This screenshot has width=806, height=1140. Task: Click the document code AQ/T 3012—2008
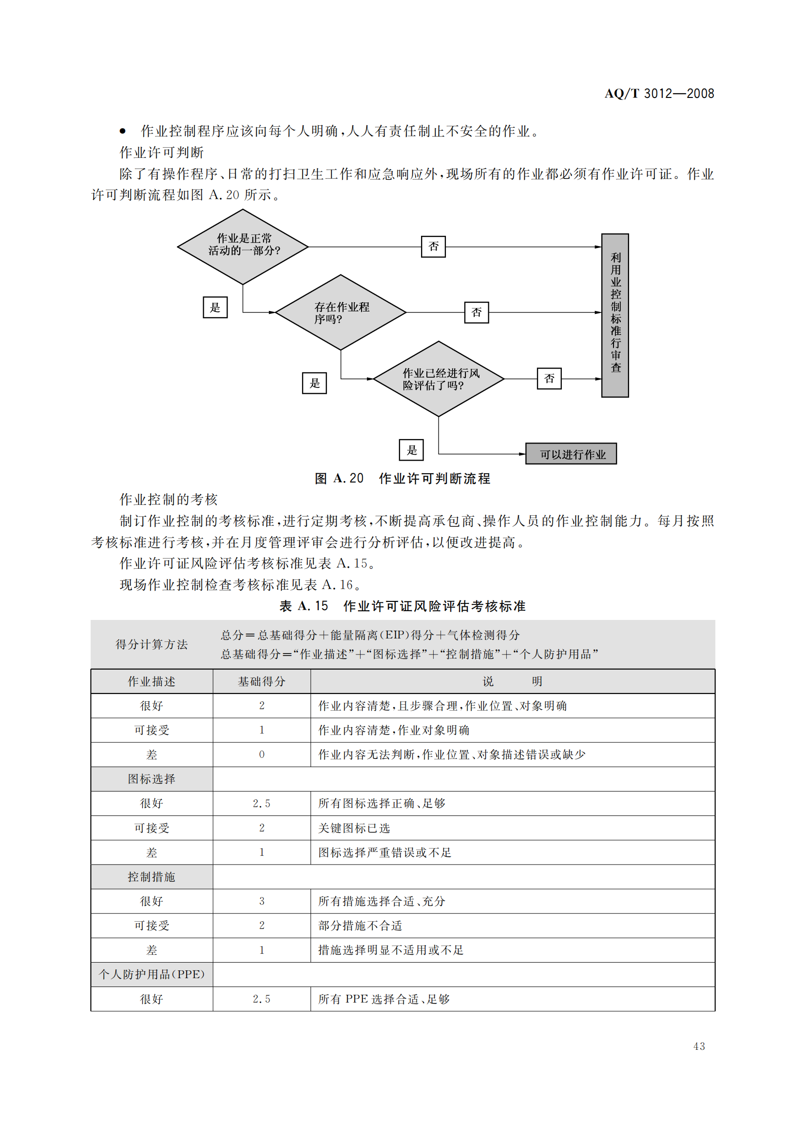(659, 94)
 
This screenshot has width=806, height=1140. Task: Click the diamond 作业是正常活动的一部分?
(243, 246)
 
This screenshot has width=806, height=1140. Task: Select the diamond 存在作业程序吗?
(341, 312)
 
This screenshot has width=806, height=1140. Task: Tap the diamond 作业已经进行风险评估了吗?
(438, 379)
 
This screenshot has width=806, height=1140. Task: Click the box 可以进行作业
(571, 454)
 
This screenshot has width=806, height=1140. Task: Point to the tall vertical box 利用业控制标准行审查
(615, 315)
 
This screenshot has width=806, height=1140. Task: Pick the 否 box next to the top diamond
(433, 246)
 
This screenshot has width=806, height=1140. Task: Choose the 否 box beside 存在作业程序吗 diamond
(477, 312)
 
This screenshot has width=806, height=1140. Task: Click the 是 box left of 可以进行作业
(411, 450)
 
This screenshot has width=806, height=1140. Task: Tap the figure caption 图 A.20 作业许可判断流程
(403, 479)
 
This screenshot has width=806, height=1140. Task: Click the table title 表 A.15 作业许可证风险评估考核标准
(403, 606)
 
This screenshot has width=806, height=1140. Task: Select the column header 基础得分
(262, 682)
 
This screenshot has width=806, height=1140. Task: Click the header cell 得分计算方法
(152, 644)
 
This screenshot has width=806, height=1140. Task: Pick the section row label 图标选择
(152, 779)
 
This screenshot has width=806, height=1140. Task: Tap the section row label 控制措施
(152, 877)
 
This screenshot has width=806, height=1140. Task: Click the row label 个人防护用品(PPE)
(152, 974)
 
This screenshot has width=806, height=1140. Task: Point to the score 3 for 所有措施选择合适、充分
(262, 901)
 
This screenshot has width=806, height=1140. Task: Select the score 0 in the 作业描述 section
(262, 754)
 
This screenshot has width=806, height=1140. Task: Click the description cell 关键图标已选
(354, 828)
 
